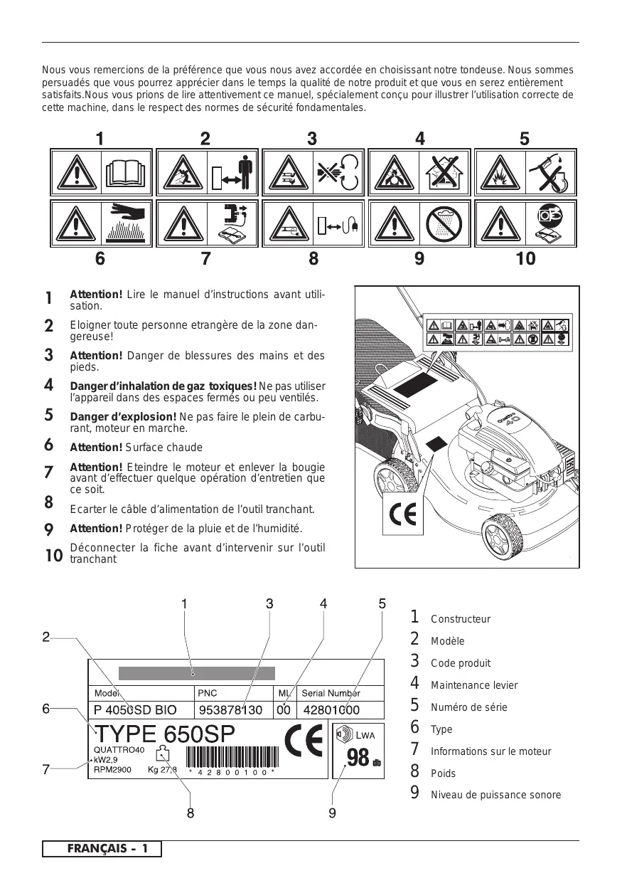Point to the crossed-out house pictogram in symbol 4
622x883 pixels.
[x=444, y=172]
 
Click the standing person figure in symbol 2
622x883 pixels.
[x=246, y=173]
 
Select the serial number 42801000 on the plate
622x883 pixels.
[x=331, y=709]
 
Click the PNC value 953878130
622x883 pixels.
[x=231, y=709]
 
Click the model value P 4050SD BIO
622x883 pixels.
[x=135, y=709]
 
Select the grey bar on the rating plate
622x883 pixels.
[x=196, y=673]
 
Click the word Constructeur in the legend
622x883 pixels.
[x=461, y=620]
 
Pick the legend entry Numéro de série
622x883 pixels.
[x=466, y=708]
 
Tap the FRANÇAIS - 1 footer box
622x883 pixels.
[x=102, y=849]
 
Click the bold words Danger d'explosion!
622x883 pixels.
[x=123, y=416]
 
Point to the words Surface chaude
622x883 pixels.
[x=164, y=448]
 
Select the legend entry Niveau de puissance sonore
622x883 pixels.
[x=495, y=795]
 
